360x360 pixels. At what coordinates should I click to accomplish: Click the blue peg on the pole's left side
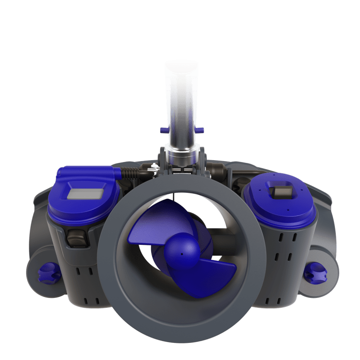tap(164, 130)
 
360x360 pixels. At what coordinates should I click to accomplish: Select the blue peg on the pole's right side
tap(200, 130)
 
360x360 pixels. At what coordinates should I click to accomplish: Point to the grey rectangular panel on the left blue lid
tap(85, 193)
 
